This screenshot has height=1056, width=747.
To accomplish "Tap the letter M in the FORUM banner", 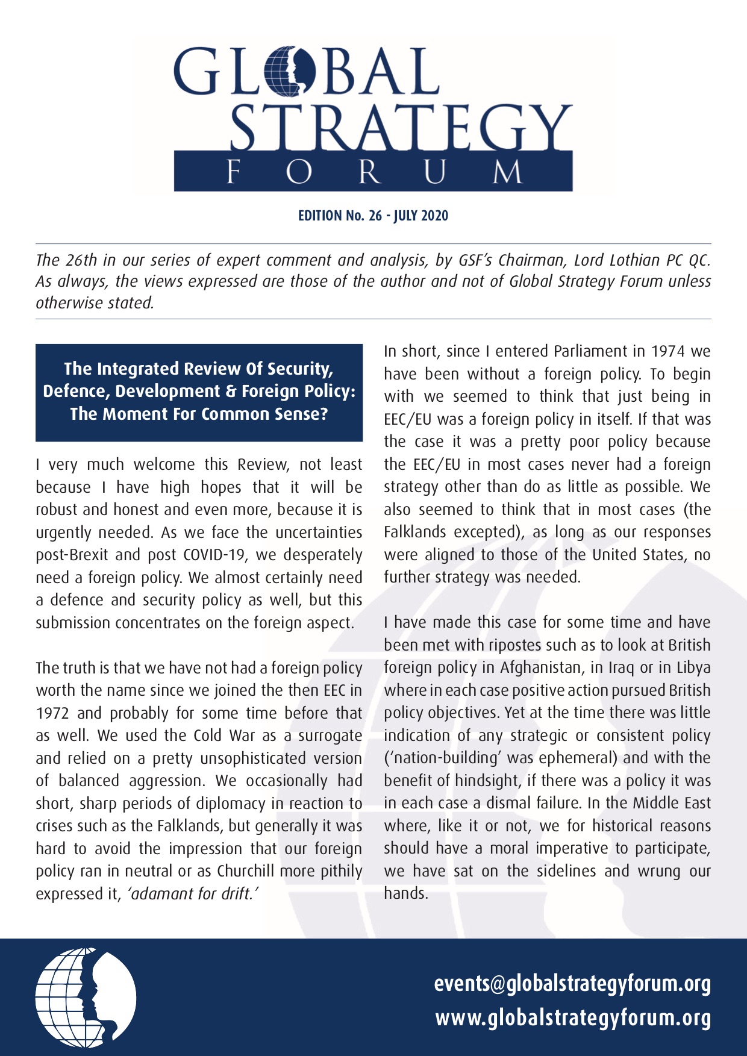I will point(508,172).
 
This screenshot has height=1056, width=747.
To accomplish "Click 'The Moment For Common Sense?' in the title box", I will point(199,414).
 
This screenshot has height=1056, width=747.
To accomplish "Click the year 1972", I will point(53,713).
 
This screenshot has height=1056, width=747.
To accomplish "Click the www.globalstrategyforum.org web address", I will point(573,1018).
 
